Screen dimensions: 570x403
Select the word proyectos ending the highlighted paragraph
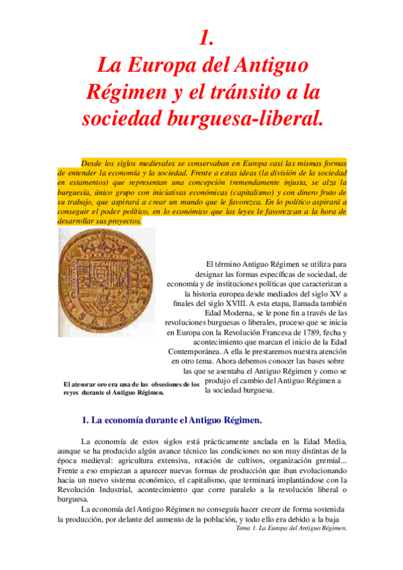pyautogui.click(x=124, y=220)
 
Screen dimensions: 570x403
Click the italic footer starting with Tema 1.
pyautogui.click(x=287, y=528)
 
